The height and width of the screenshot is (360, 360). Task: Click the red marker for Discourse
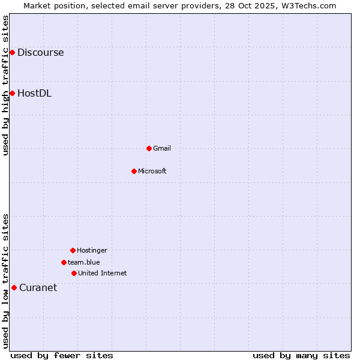coord(12,52)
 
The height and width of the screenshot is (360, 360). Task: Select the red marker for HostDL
coord(12,93)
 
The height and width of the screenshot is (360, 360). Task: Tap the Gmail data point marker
coord(149,148)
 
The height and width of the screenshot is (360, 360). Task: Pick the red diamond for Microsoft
coord(134,171)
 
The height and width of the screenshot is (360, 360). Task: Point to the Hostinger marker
coord(73,250)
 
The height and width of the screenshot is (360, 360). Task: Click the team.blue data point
coord(64,262)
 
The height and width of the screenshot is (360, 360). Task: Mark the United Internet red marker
coord(74,273)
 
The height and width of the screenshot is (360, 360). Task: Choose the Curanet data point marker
coord(14,287)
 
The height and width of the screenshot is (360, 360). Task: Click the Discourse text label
coord(40,52)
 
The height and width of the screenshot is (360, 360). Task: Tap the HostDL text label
coord(34,93)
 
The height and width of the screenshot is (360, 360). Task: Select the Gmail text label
coord(162,148)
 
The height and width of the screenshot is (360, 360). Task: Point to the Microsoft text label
coord(152,171)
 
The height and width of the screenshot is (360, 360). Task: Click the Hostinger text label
coord(92,250)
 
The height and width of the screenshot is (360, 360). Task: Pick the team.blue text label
coord(84,262)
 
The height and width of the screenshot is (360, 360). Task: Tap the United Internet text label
coord(103,273)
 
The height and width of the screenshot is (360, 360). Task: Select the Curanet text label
coord(38,287)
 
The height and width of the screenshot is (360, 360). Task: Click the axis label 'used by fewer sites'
coord(62,355)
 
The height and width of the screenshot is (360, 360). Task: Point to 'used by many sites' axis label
coord(301,355)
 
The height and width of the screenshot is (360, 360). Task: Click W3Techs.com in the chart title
coord(308,5)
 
